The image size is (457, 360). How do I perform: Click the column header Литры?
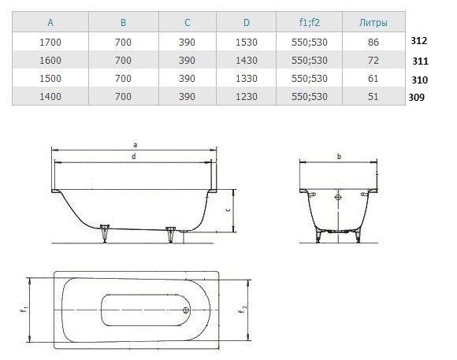pos(373,22)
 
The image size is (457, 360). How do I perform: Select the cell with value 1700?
pos(50,43)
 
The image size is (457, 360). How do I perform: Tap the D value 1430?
pos(247,61)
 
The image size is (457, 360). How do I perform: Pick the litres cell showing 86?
pos(373,43)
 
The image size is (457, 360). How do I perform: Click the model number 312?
pos(419,41)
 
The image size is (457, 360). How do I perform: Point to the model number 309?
pos(417,97)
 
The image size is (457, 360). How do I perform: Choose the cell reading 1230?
pos(247,96)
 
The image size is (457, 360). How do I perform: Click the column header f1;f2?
pos(310,22)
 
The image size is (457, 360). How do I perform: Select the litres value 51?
pos(373,96)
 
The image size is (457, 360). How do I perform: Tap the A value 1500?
pos(50,79)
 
